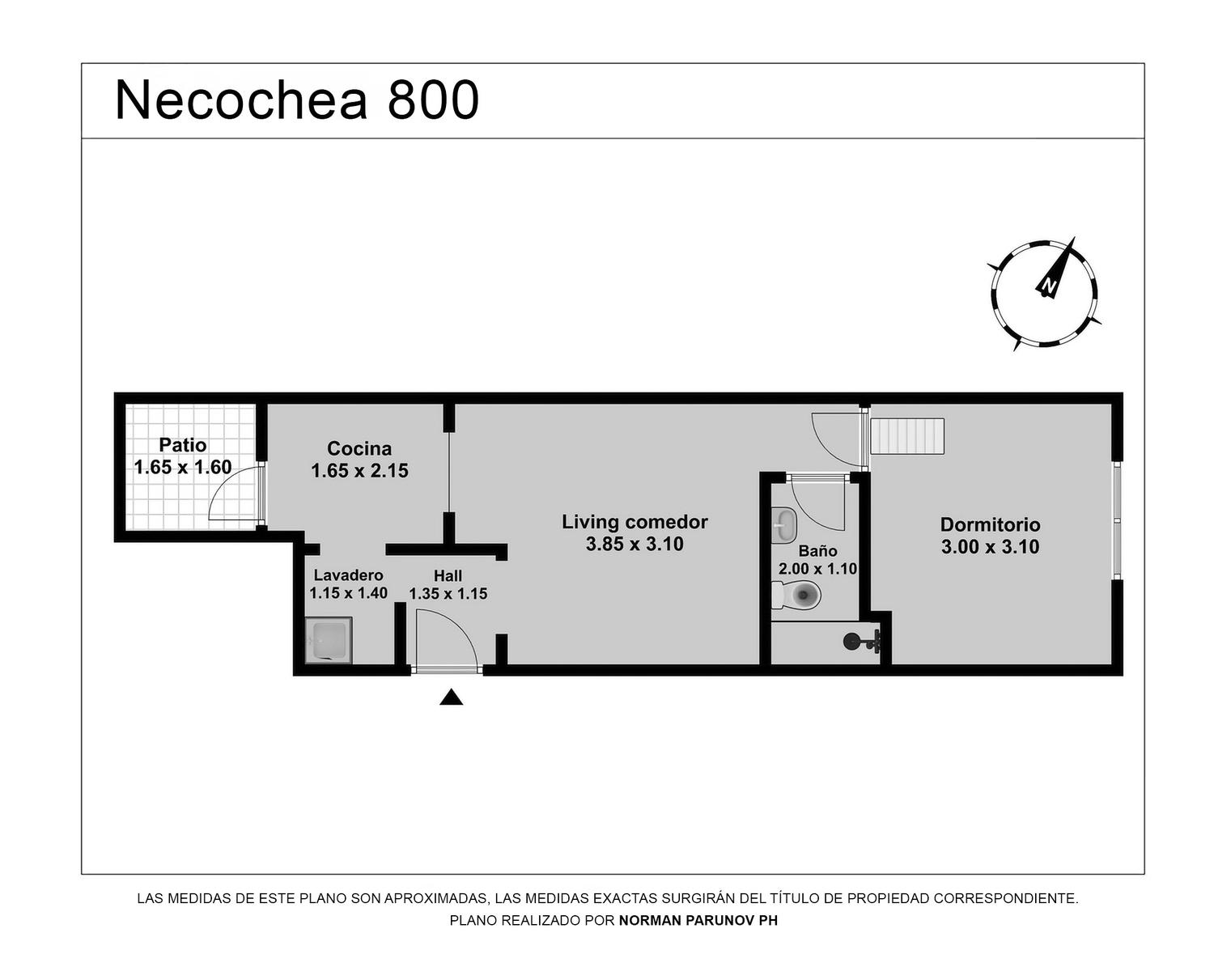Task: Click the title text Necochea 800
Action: pyautogui.click(x=297, y=100)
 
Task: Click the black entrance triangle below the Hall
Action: pyautogui.click(x=452, y=697)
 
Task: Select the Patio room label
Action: pyautogui.click(x=182, y=445)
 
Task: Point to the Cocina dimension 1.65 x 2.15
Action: pyautogui.click(x=359, y=471)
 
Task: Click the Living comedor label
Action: pyautogui.click(x=635, y=522)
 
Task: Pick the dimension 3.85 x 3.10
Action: pyautogui.click(x=635, y=544)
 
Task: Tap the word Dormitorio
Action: pyautogui.click(x=990, y=524)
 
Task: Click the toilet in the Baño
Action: pyautogui.click(x=796, y=595)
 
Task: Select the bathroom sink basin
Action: pyautogui.click(x=783, y=524)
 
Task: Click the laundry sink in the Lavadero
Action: pyautogui.click(x=329, y=640)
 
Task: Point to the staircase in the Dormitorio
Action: pyautogui.click(x=908, y=436)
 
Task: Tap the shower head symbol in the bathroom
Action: pyautogui.click(x=862, y=641)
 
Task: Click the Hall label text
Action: pyautogui.click(x=448, y=575)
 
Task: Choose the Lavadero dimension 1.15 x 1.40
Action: pyautogui.click(x=349, y=593)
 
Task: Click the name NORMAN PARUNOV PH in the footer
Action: pyautogui.click(x=698, y=920)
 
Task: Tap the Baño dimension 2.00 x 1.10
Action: pyautogui.click(x=818, y=568)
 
